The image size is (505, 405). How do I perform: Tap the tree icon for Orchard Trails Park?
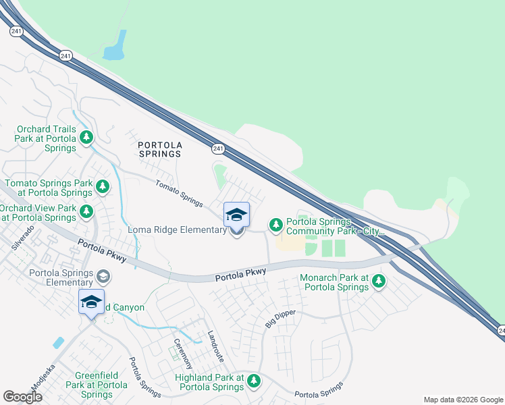tap(86, 138)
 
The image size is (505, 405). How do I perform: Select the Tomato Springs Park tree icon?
tap(102, 186)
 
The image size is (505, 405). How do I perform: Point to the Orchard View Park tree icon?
tap(86, 211)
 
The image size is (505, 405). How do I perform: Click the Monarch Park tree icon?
tap(379, 280)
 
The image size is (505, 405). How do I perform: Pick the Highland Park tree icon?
tap(254, 381)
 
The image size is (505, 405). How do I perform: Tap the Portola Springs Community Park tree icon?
tap(275, 224)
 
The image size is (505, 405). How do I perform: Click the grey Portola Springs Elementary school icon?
tap(103, 275)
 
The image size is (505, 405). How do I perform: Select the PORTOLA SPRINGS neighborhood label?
tap(159, 149)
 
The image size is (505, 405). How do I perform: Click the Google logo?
tap(22, 397)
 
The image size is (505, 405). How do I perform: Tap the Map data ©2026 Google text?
tap(463, 400)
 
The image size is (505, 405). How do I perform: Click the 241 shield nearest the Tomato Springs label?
tap(217, 148)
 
